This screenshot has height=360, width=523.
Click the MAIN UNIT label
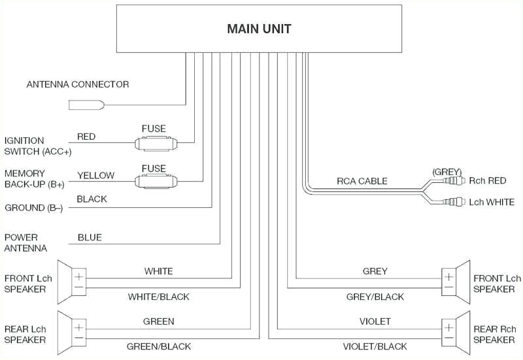pyautogui.click(x=259, y=29)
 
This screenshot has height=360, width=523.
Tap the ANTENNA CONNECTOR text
pyautogui.click(x=77, y=84)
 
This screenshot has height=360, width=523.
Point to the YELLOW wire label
pyautogui.click(x=95, y=175)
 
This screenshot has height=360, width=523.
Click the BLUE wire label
pyautogui.click(x=90, y=238)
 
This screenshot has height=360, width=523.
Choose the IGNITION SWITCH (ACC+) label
pyautogui.click(x=38, y=146)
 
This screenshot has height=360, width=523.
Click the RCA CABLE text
pyautogui.click(x=362, y=181)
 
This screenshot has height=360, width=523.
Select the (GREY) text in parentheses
pyautogui.click(x=447, y=171)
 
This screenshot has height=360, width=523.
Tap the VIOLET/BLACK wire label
pyautogui.click(x=375, y=346)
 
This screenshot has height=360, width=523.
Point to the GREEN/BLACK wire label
pyautogui.click(x=158, y=346)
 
